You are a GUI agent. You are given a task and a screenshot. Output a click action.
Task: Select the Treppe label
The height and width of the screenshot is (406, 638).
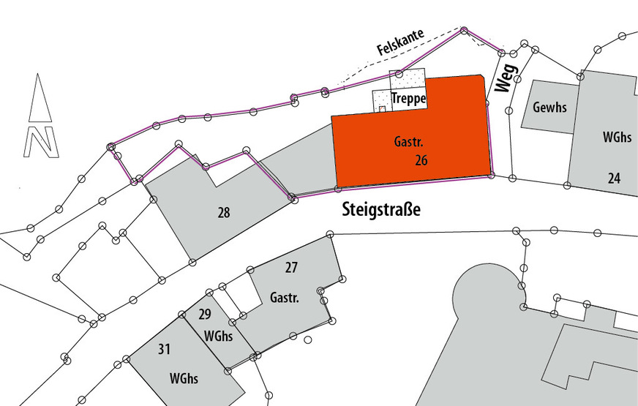point(409,99)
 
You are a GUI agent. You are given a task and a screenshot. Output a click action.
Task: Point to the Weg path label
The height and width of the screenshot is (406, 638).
point(505,77)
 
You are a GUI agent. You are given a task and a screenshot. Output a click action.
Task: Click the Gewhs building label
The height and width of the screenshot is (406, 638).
point(549,108)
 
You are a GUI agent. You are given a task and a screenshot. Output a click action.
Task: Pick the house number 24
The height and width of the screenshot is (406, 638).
point(614,177)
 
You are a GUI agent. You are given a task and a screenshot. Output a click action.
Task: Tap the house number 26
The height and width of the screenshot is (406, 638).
point(421,159)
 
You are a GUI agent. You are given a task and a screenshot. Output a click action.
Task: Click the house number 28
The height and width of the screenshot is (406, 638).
point(224,213)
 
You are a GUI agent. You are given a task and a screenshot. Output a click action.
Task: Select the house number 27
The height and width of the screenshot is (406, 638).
point(291,268)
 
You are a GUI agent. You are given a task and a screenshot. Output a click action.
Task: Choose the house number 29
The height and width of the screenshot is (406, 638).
point(205,315)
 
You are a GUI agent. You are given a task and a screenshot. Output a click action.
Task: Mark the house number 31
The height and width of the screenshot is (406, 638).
point(164,350)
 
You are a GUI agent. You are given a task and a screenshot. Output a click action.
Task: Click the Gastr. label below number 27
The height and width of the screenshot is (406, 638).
point(285,298)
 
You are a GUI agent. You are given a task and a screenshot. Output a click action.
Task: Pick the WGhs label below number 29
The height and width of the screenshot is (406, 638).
point(218,337)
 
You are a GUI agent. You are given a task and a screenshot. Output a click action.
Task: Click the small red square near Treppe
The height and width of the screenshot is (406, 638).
point(381,109)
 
